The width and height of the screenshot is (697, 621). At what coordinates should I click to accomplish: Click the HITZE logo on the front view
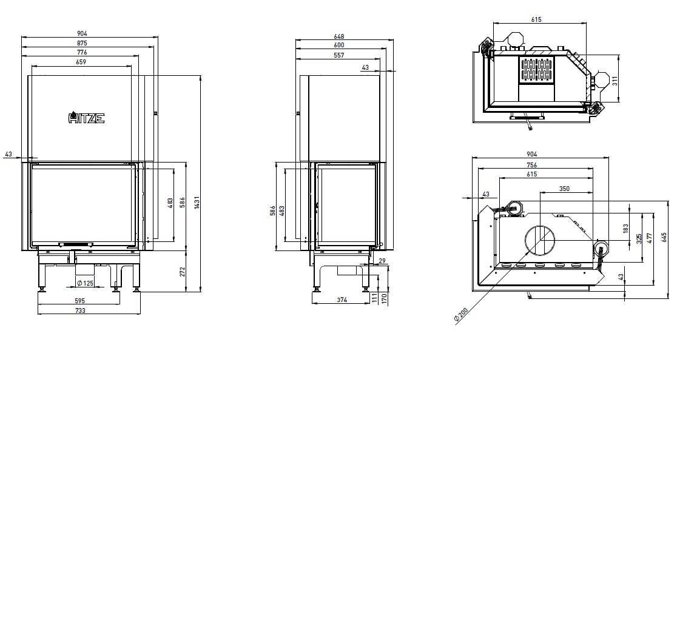tap(86, 117)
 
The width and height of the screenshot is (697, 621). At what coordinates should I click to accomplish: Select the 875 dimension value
tap(82, 43)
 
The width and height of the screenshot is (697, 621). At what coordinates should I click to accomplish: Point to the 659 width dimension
tap(81, 62)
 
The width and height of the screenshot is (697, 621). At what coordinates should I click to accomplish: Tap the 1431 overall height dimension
tap(197, 203)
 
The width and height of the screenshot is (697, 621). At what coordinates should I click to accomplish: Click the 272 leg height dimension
tap(182, 272)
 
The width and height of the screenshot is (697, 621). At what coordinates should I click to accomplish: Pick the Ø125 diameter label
tap(85, 283)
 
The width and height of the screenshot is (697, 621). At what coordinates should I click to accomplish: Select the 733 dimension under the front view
tap(80, 310)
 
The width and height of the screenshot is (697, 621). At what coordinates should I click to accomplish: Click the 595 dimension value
tap(79, 301)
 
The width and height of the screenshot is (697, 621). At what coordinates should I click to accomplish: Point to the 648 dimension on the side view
tap(339, 36)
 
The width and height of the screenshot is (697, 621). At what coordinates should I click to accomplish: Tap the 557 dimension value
tap(339, 55)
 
